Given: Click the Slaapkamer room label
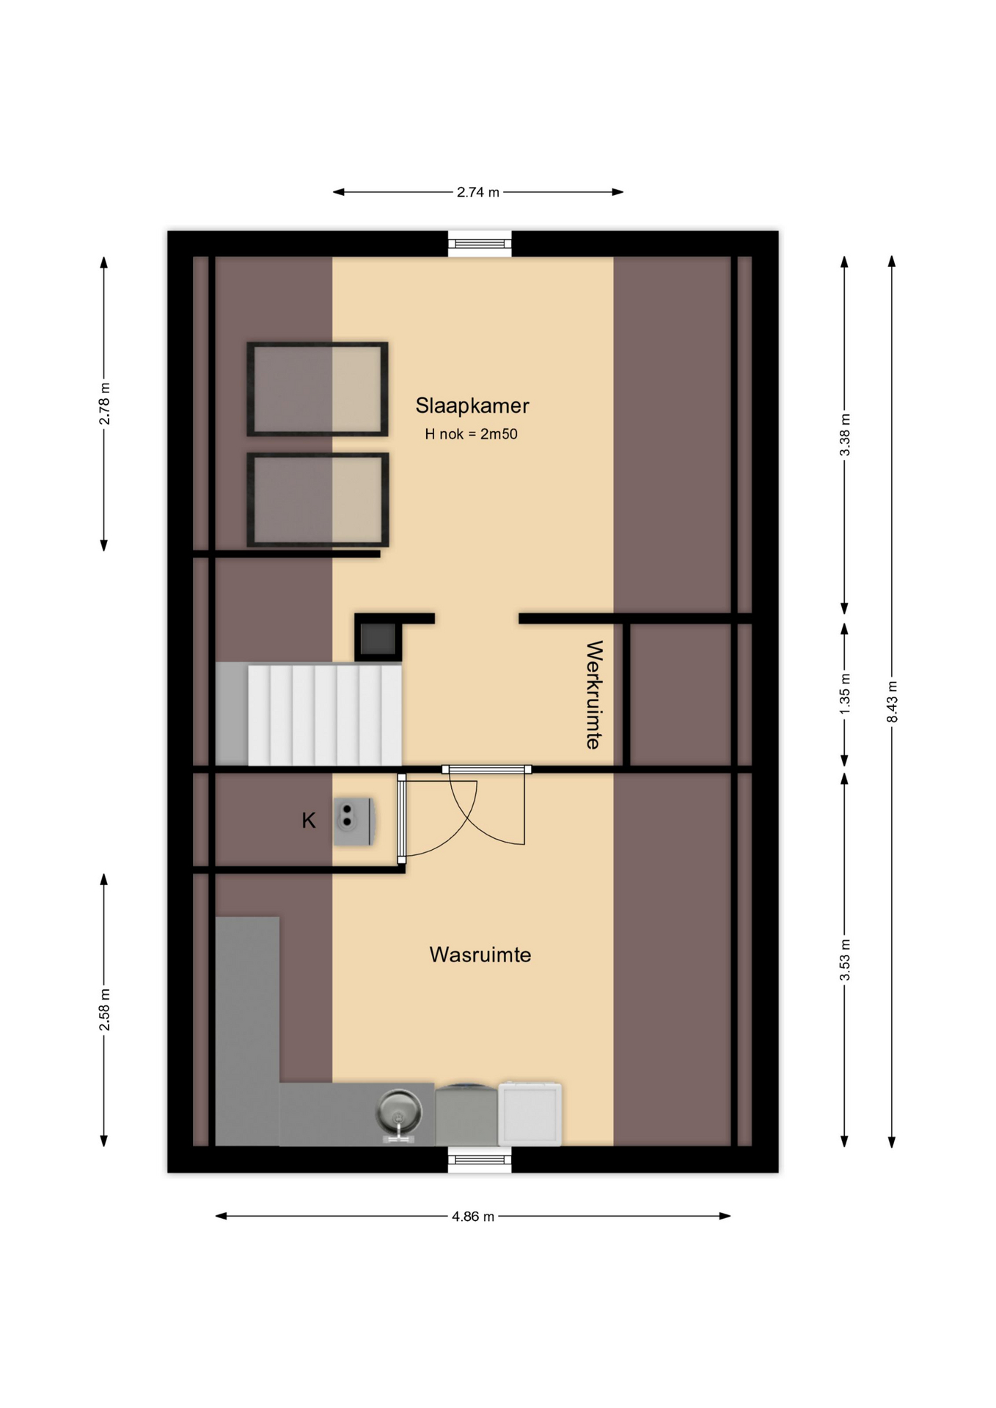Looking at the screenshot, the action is pos(472,406).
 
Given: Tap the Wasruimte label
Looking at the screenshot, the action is pos(480,955).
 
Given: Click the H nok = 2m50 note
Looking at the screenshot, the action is pos(471,434).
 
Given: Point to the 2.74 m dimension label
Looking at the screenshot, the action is pos(478,192).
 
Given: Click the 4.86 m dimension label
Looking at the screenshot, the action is pos(473,1217).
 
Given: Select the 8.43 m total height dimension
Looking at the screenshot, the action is pos(893,702).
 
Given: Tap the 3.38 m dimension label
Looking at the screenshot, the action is pos(845,435).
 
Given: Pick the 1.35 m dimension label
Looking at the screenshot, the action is pos(845,694).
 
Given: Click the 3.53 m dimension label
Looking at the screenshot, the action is pos(845,959).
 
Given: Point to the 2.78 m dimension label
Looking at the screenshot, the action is pos(104,404).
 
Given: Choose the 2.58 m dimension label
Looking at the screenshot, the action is pos(104,1010).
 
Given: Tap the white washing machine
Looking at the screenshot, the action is pos(530,1114).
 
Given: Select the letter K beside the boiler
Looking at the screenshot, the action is pos(309,821).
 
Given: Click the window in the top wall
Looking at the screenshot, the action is pos(480,243).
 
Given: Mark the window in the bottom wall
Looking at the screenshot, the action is pos(480,1159).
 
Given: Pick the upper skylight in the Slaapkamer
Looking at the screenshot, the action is pos(318,389).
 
